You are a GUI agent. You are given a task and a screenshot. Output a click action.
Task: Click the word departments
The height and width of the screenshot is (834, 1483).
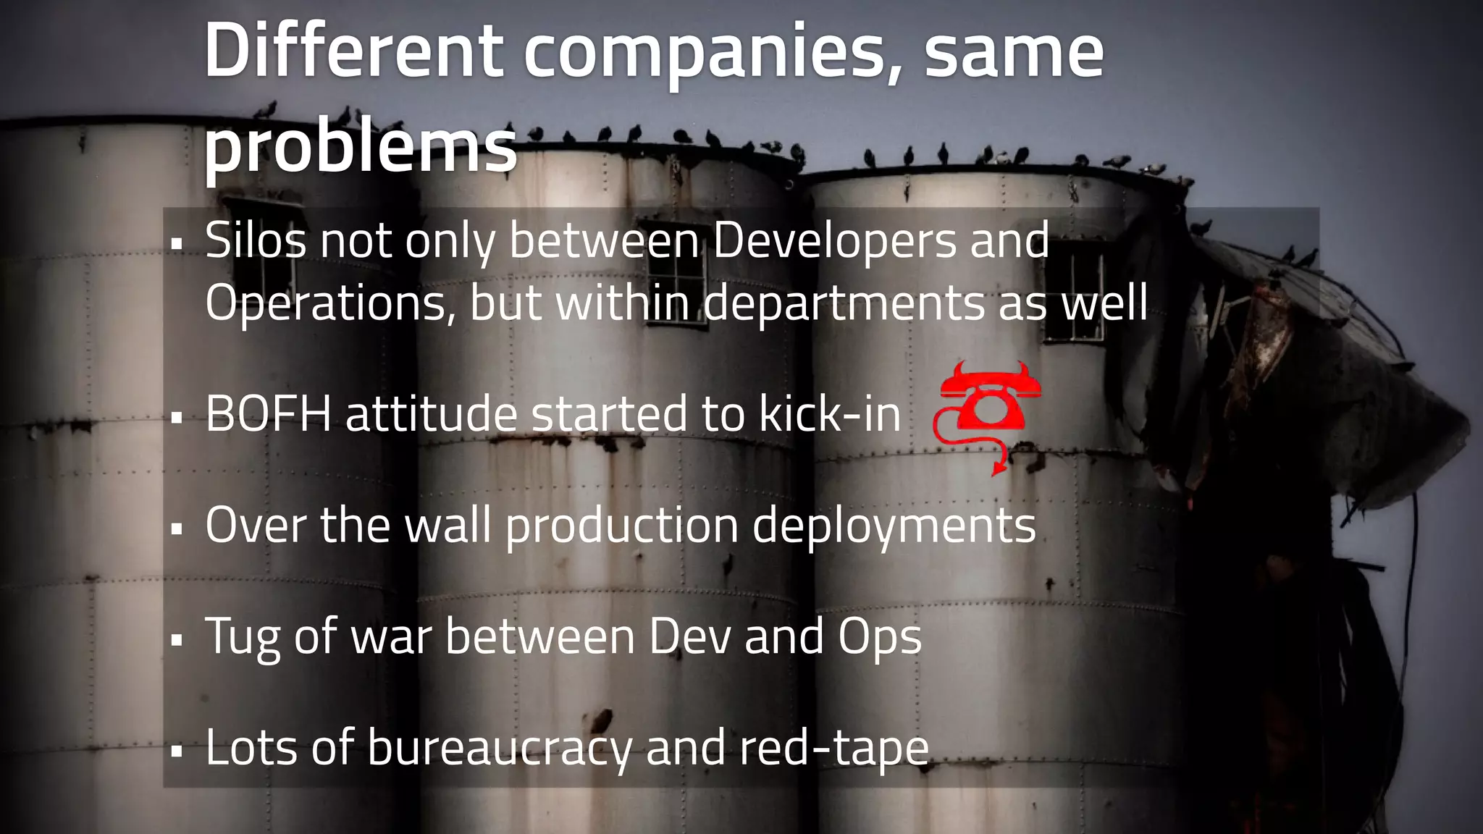click(844, 304)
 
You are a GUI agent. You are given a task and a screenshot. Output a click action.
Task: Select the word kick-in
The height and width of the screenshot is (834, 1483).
click(829, 414)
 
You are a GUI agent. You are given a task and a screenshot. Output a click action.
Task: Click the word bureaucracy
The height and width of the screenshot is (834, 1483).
click(499, 749)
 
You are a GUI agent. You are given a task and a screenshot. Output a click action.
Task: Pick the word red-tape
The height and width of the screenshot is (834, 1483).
click(833, 749)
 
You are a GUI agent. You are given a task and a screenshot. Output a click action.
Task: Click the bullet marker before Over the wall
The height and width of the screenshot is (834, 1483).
click(177, 530)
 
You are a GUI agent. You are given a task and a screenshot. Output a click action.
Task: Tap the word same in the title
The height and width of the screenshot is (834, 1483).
click(1013, 52)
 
